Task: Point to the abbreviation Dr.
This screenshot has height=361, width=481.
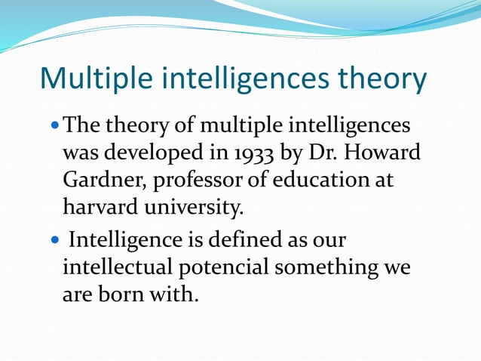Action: (322, 154)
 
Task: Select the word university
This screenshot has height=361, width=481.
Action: (198, 205)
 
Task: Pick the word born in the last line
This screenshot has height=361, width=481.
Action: (122, 293)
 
